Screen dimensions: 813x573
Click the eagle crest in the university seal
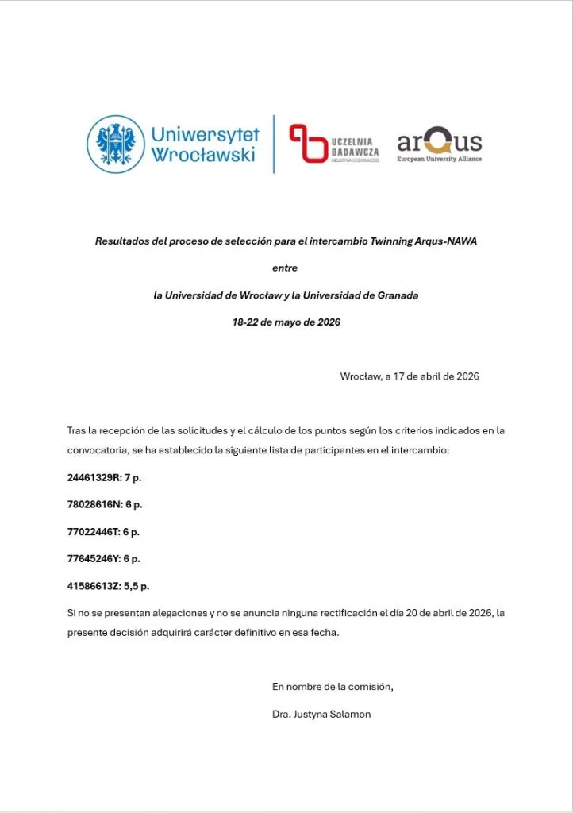[x=116, y=144]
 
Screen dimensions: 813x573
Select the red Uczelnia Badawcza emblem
[x=307, y=144]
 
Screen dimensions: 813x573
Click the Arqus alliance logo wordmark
[x=439, y=143]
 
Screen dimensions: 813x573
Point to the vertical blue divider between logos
[x=274, y=144]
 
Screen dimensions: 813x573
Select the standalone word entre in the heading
[x=285, y=268]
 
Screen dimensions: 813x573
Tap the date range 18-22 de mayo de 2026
[x=286, y=322]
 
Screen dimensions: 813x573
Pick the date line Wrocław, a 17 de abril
[x=409, y=376]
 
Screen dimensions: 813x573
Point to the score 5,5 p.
[x=137, y=586]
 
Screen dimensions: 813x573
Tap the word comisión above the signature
[x=371, y=687]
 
